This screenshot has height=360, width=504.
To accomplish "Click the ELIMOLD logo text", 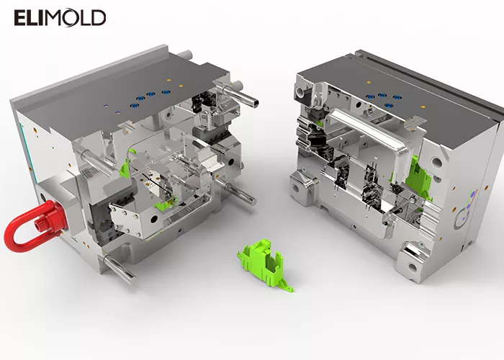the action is point(60,18).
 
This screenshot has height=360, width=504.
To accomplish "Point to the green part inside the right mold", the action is point(417,179).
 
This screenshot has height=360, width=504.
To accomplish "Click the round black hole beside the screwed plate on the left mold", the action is point(155,219).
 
